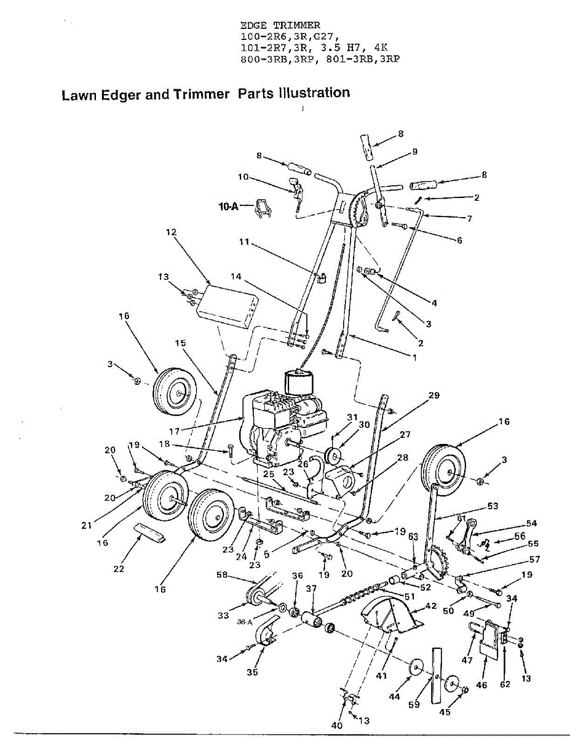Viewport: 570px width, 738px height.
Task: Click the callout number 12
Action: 171,232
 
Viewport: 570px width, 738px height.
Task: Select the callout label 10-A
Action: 228,208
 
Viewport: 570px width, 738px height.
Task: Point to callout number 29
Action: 434,396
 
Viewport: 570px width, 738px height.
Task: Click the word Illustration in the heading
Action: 314,93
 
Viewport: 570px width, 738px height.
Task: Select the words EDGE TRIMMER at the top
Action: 280,25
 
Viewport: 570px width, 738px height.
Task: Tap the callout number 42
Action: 430,606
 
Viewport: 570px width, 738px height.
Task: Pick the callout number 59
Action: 414,704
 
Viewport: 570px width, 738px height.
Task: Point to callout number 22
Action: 119,569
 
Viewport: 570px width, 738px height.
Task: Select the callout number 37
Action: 311,589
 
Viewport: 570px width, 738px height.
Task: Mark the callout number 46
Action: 481,684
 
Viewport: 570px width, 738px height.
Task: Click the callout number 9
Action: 415,152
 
